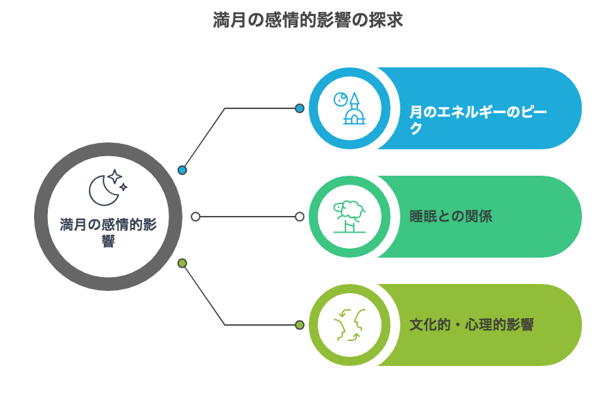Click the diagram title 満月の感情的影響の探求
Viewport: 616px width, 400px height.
(x=307, y=20)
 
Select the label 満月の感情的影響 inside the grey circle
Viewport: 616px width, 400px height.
(x=108, y=233)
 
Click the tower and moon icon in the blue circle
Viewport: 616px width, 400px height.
(x=350, y=108)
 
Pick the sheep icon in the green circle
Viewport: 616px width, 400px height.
(x=350, y=217)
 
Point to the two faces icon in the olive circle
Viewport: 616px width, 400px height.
(x=350, y=325)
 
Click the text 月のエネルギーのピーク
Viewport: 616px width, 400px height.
(x=478, y=119)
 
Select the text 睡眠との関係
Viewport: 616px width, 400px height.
(x=451, y=217)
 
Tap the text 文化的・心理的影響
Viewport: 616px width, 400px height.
(x=472, y=325)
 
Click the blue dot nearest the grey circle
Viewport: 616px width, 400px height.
(x=182, y=170)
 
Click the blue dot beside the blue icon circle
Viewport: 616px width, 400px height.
(x=300, y=108)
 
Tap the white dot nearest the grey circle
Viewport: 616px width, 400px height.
(x=196, y=217)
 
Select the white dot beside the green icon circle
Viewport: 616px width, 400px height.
(x=300, y=217)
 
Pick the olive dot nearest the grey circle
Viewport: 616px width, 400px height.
(x=182, y=263)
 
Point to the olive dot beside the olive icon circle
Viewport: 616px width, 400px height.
(x=300, y=325)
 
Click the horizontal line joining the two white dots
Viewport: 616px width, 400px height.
(x=248, y=217)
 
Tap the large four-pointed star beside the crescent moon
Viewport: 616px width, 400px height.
(x=114, y=176)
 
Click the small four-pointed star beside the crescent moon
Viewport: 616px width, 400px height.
(x=123, y=187)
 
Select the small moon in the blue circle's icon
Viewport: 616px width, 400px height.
(x=340, y=99)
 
